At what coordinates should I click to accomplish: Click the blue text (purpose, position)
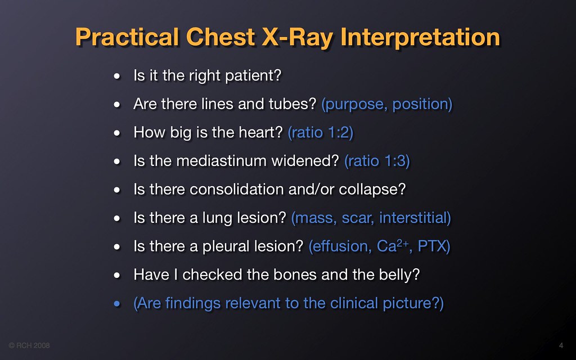pos(387,104)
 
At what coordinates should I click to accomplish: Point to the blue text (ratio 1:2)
pos(321,133)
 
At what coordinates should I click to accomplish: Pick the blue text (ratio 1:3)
pos(377,161)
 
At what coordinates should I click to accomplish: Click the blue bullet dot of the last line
pos(117,305)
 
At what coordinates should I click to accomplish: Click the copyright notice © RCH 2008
pos(29,345)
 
